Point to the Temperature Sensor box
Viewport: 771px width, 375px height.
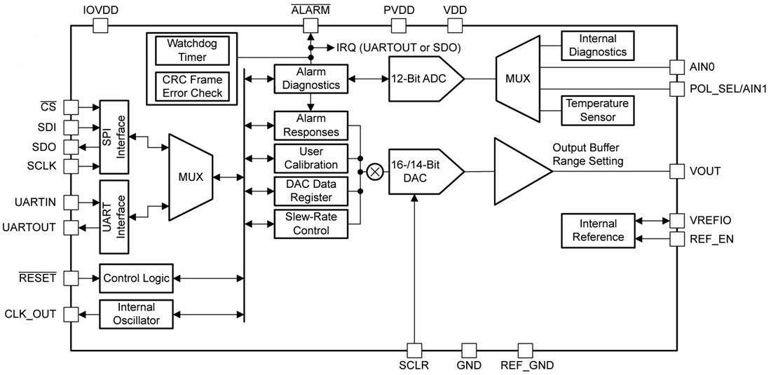coord(597,111)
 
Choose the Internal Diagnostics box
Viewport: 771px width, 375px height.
coord(597,46)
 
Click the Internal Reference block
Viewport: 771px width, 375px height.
coord(597,230)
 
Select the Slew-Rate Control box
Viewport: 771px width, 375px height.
coord(309,224)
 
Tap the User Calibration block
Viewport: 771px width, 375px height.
coord(309,158)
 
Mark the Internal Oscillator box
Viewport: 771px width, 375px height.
coord(137,314)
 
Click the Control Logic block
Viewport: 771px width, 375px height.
coord(137,278)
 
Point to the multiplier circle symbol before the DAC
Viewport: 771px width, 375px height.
coord(375,171)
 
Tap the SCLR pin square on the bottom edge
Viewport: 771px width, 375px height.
coord(415,350)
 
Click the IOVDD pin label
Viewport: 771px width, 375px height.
coord(100,10)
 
